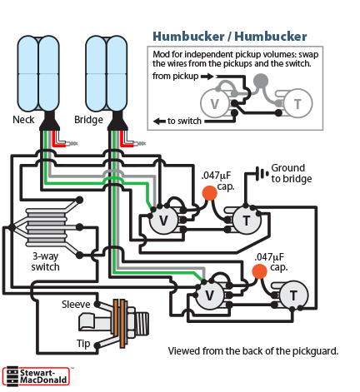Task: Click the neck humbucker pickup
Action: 38,73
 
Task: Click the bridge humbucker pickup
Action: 107,73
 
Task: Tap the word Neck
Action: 23,120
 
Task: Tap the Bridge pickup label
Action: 88,120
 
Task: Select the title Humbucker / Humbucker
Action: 230,37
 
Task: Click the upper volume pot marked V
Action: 163,221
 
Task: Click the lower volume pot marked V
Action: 210,295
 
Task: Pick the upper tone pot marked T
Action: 247,221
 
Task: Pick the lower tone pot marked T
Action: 293,295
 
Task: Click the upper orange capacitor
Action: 209,193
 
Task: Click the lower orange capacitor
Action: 259,271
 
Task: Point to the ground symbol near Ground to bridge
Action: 262,174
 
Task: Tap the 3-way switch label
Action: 45,261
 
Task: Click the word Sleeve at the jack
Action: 76,305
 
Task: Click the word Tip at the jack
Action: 83,344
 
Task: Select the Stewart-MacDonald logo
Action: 36,376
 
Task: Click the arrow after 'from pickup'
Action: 207,77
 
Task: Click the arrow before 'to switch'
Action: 160,122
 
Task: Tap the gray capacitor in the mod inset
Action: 261,81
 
